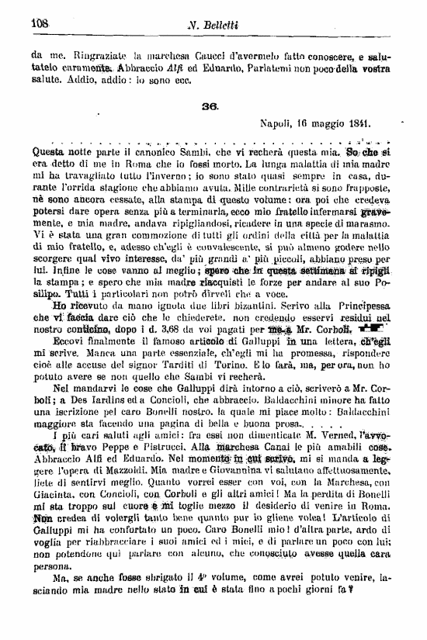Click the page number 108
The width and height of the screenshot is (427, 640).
click(40, 23)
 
